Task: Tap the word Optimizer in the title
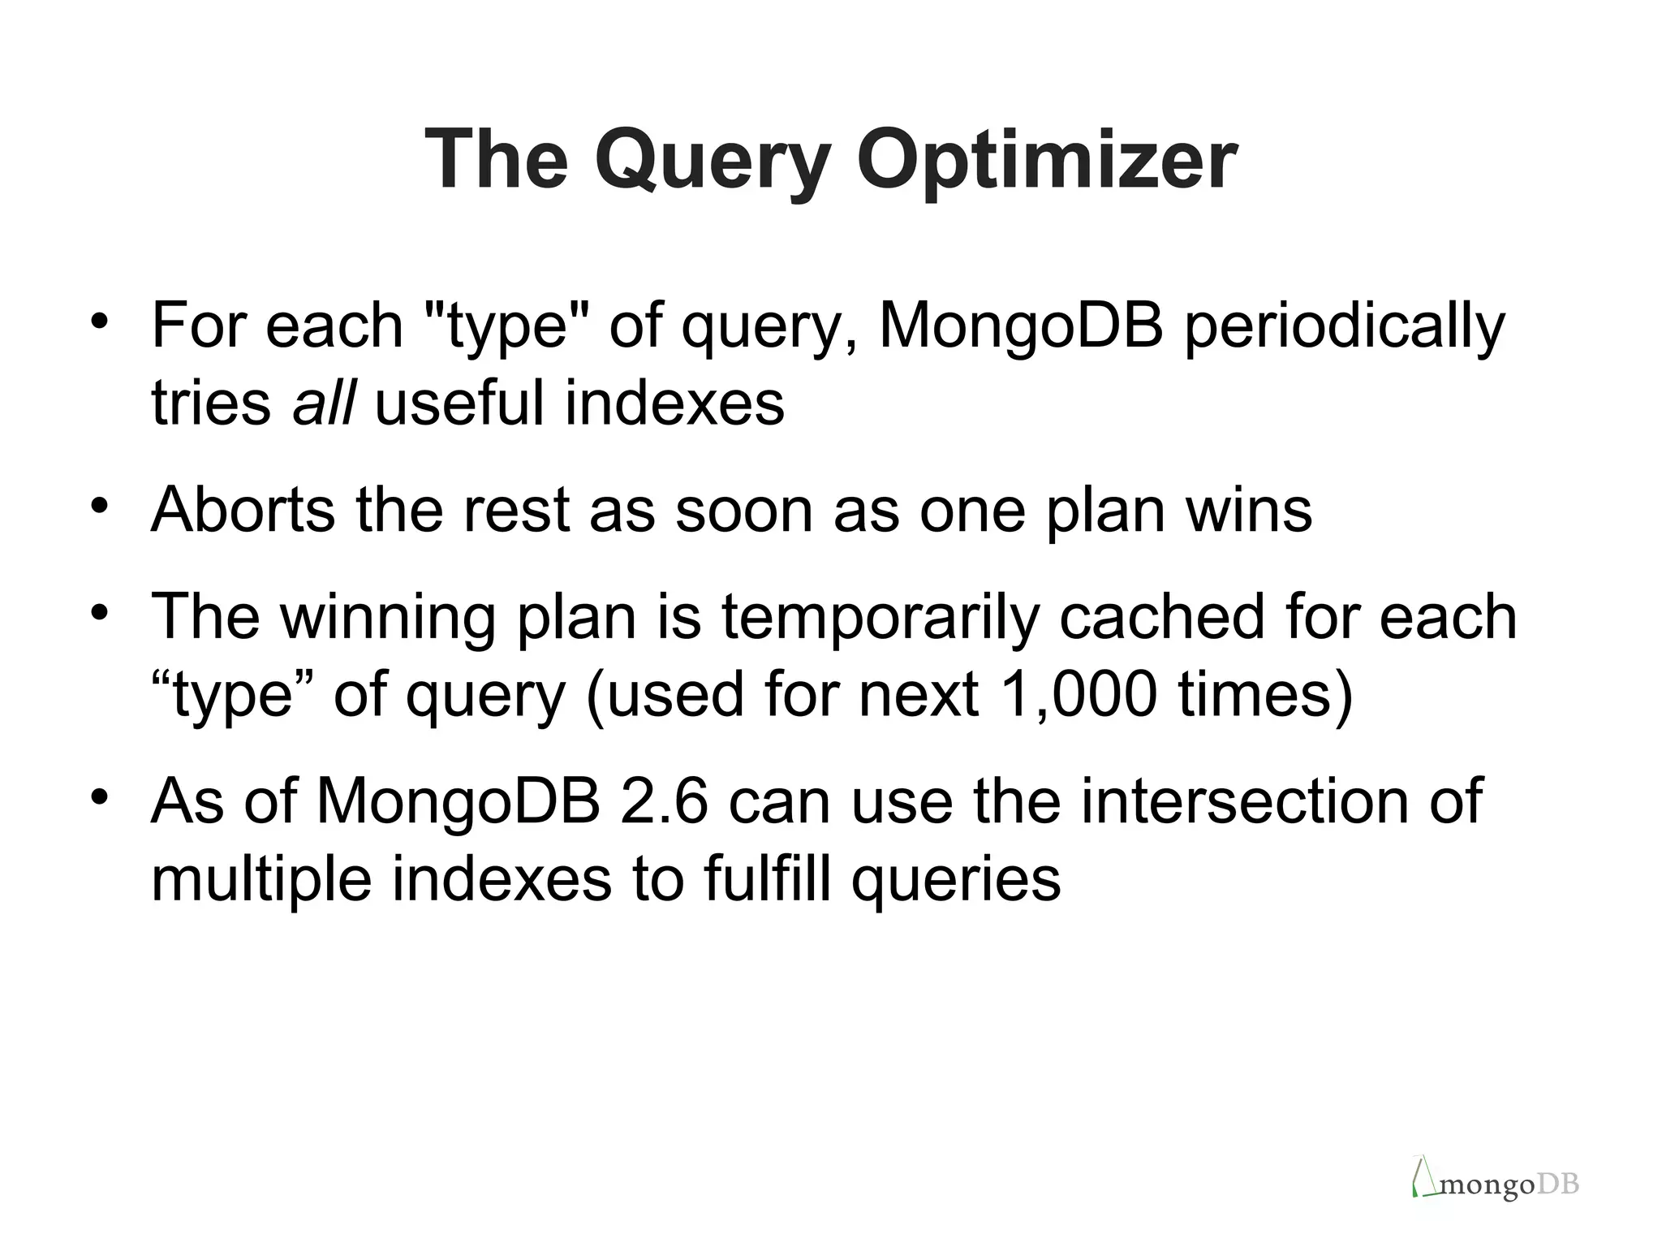click(x=1047, y=160)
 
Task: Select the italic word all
click(x=323, y=403)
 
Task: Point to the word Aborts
click(x=243, y=510)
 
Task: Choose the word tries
click(x=210, y=403)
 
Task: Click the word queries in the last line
click(x=955, y=880)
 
